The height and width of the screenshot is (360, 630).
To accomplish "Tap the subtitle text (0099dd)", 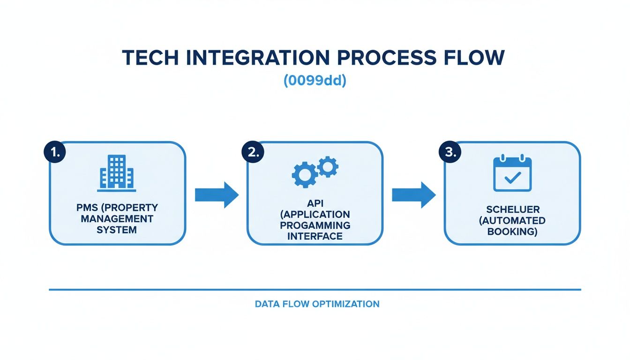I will pyautogui.click(x=315, y=81).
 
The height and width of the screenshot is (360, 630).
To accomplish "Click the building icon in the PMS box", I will pyautogui.click(x=117, y=173).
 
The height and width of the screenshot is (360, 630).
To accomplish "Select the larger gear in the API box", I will pyautogui.click(x=304, y=175).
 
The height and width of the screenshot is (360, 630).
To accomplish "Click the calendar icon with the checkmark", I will pyautogui.click(x=512, y=174).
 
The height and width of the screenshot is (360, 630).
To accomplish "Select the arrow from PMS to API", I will pyautogui.click(x=217, y=195).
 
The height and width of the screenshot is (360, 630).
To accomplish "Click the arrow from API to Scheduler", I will pyautogui.click(x=413, y=195).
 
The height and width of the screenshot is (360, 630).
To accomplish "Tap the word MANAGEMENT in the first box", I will pyautogui.click(x=118, y=219).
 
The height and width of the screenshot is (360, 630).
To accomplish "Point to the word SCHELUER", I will pyautogui.click(x=512, y=210).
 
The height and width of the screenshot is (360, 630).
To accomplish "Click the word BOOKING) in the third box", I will pyautogui.click(x=512, y=231).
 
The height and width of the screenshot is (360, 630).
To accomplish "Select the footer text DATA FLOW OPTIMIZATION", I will pyautogui.click(x=317, y=304).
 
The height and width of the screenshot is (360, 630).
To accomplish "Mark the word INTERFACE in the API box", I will pyautogui.click(x=315, y=236).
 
